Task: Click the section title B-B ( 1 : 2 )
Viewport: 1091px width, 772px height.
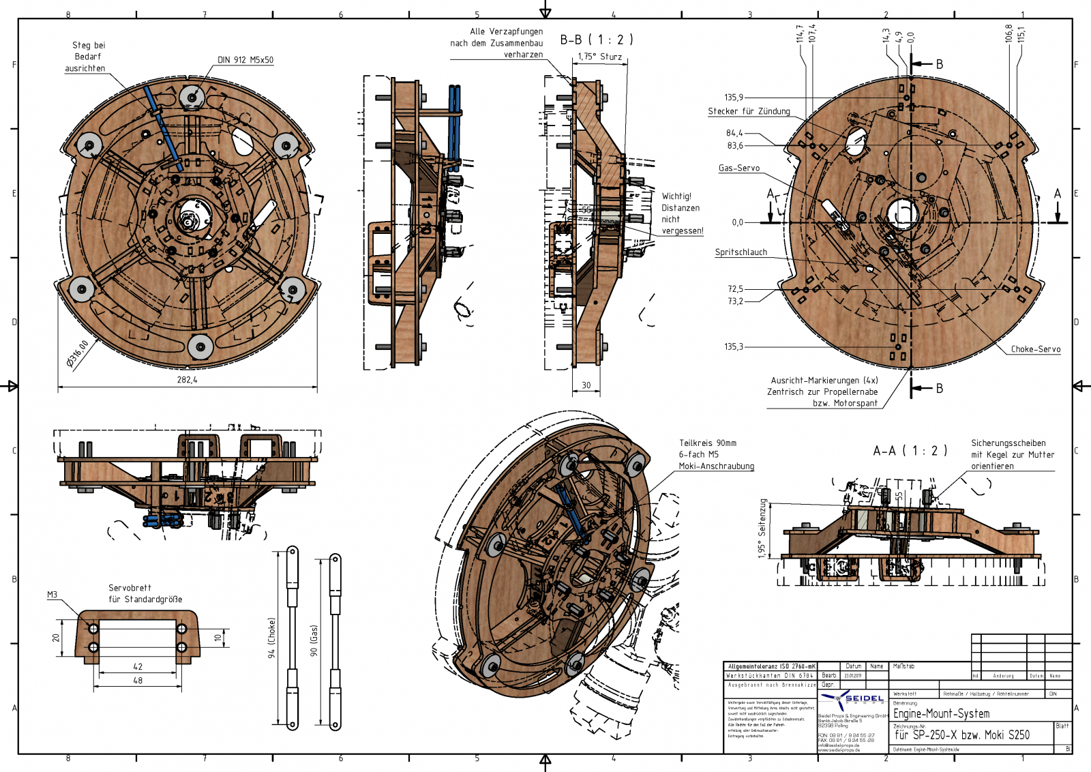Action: click(x=597, y=40)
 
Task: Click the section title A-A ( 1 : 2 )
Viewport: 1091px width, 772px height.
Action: click(x=910, y=451)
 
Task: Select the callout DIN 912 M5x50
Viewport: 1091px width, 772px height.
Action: click(x=245, y=60)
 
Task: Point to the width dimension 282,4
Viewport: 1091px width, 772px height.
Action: click(x=187, y=380)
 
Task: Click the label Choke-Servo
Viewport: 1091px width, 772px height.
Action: click(x=1035, y=349)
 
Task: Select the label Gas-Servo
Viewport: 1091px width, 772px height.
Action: click(x=738, y=168)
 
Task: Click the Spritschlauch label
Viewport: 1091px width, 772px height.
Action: click(x=741, y=252)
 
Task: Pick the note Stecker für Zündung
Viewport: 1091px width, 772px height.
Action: click(x=749, y=111)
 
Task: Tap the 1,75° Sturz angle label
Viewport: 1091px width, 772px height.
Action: click(x=599, y=57)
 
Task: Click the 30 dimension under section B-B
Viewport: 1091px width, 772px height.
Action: click(x=586, y=385)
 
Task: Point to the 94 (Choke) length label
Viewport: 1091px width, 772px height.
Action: click(x=271, y=638)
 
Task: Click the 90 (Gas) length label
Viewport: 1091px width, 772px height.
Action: click(x=314, y=640)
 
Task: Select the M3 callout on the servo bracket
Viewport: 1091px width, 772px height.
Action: click(x=53, y=595)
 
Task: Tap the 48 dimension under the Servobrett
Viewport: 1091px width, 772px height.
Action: click(x=138, y=681)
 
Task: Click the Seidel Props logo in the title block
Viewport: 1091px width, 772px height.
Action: click(x=852, y=700)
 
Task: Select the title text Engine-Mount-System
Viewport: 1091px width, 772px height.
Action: click(x=941, y=713)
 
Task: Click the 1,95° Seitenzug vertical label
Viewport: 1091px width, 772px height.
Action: click(x=762, y=529)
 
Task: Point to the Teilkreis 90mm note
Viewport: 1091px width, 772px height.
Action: click(x=707, y=443)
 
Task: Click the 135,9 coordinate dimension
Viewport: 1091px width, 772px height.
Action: click(x=734, y=98)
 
